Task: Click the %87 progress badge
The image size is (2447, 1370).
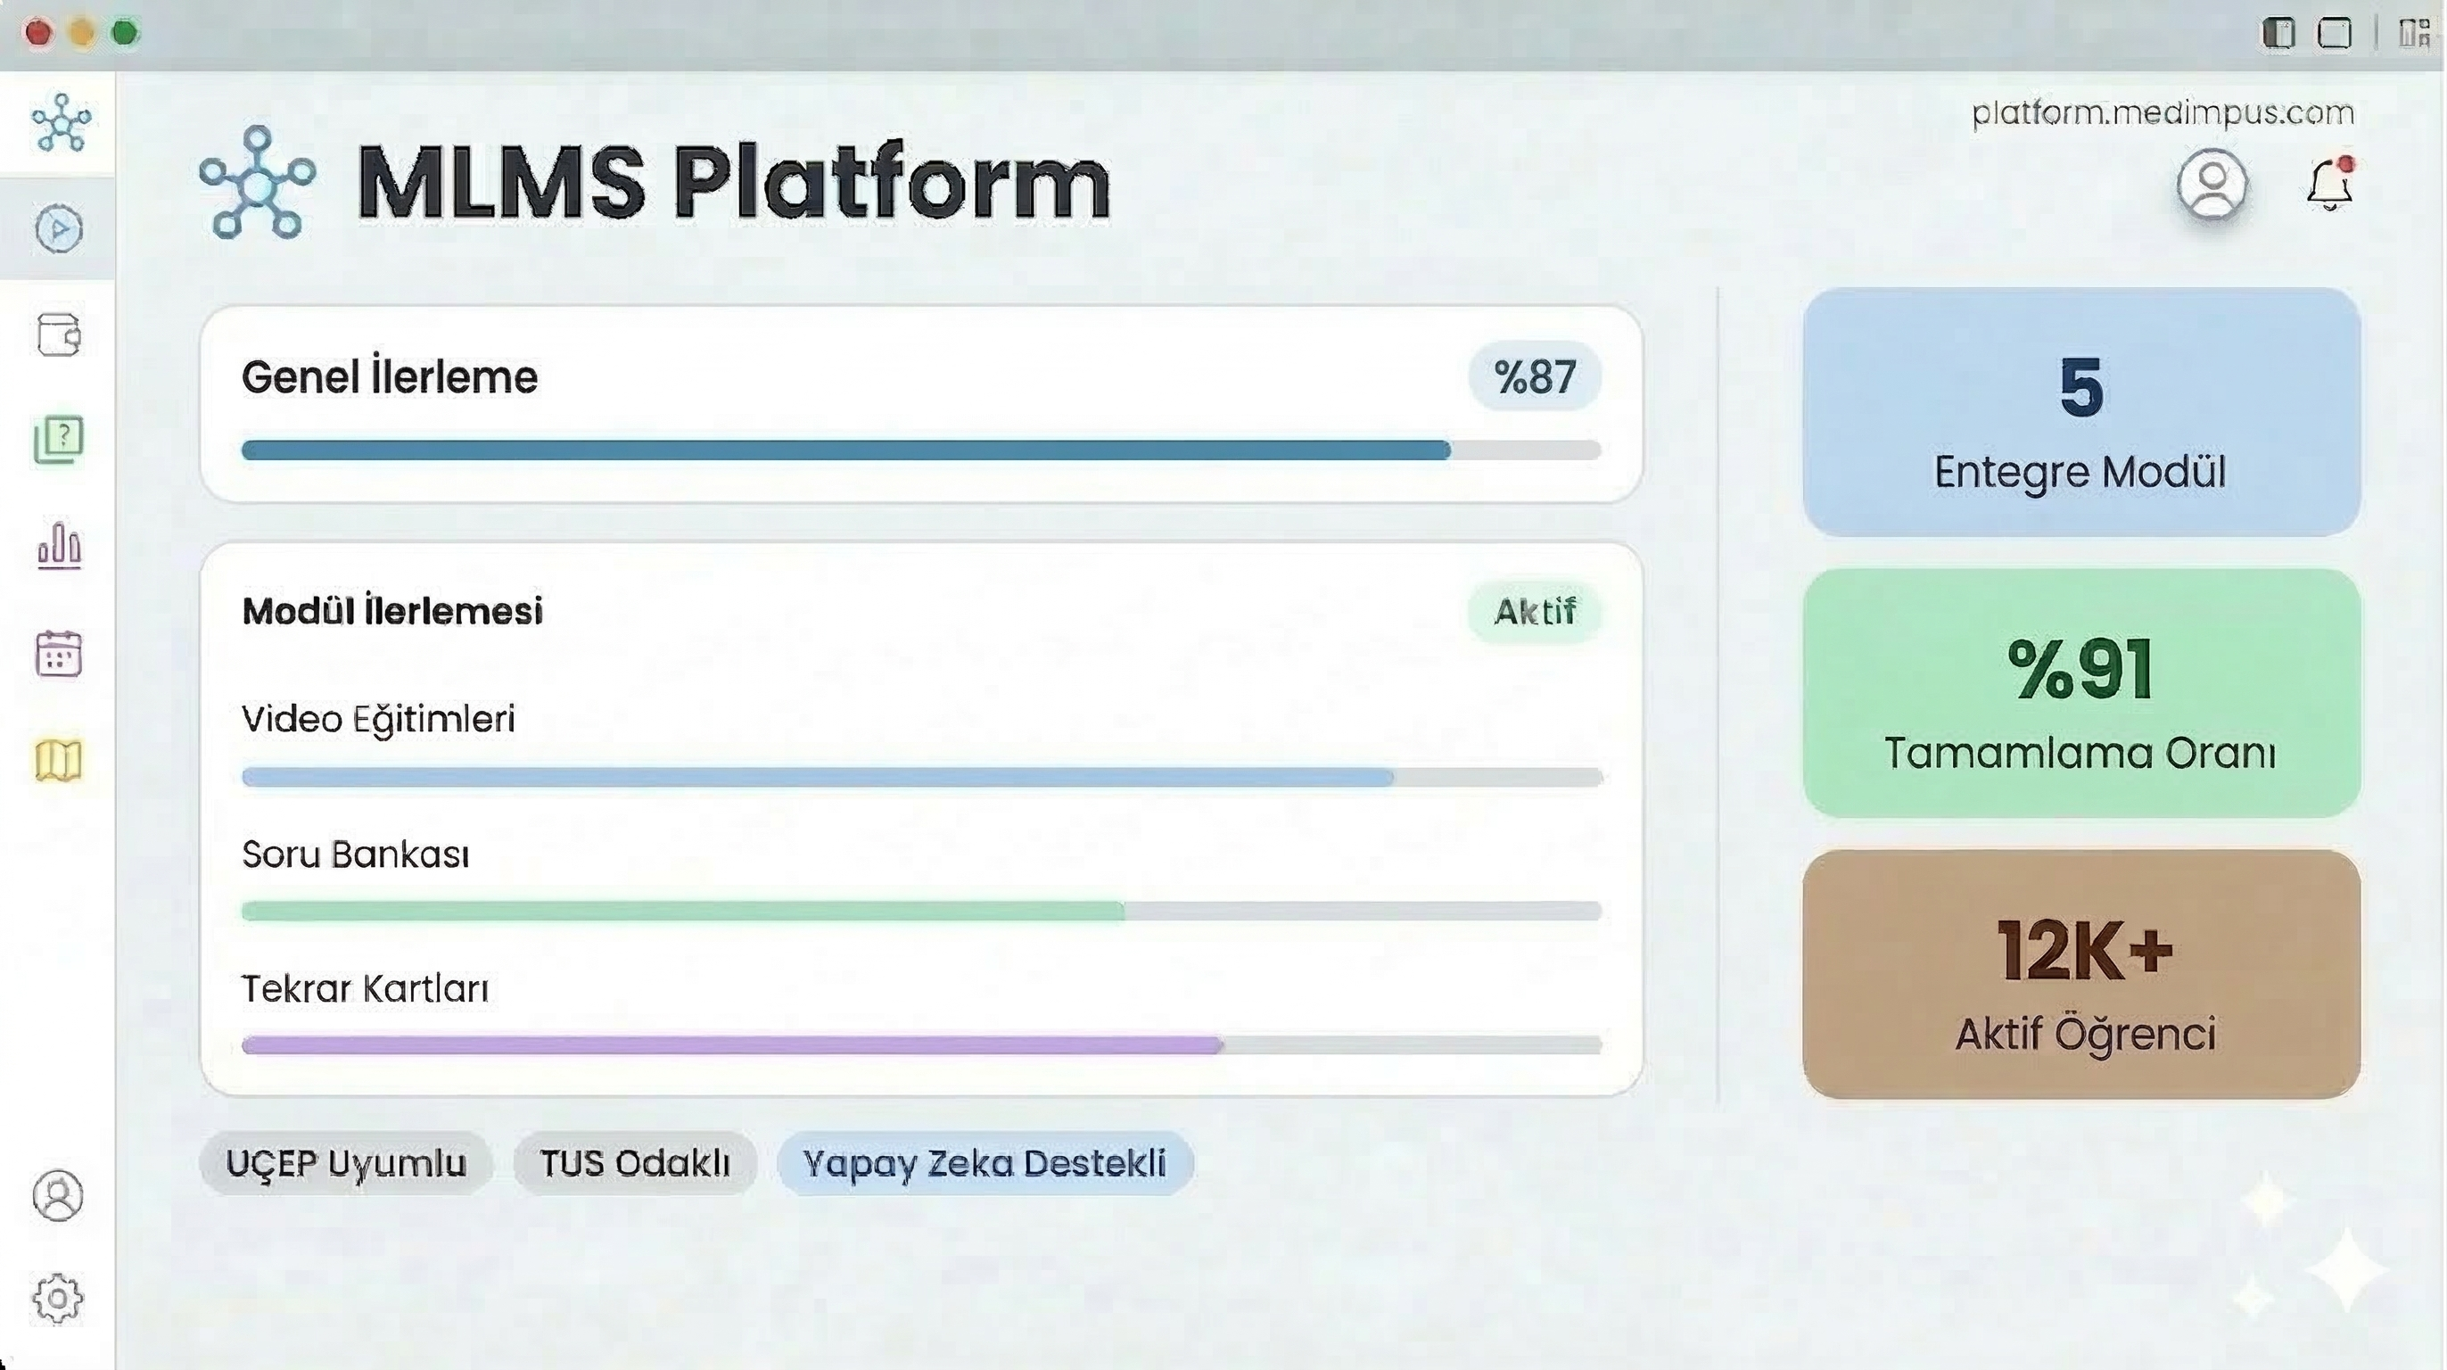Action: (x=1535, y=376)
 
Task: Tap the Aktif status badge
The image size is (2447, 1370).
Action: (x=1535, y=612)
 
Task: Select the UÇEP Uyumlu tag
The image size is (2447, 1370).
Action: (x=346, y=1163)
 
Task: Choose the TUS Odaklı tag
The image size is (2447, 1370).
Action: (x=635, y=1163)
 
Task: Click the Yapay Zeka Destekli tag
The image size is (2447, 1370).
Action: (x=985, y=1163)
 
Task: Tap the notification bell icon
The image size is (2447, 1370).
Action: (x=2330, y=184)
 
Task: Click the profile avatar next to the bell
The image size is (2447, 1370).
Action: (x=2212, y=184)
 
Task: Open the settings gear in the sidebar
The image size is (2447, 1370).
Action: (x=58, y=1298)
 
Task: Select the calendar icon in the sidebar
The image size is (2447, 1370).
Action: (x=59, y=654)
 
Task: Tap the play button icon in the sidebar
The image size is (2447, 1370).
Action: (x=59, y=229)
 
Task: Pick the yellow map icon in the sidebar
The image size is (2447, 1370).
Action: (x=59, y=760)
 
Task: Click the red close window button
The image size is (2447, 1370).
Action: (x=38, y=33)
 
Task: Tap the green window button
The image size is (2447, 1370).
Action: (x=125, y=33)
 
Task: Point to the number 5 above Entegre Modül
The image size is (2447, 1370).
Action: (x=2081, y=388)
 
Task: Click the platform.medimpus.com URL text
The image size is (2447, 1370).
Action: (x=2163, y=112)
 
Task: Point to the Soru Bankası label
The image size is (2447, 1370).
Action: (x=355, y=854)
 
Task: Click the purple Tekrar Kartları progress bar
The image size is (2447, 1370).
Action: (x=732, y=1045)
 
